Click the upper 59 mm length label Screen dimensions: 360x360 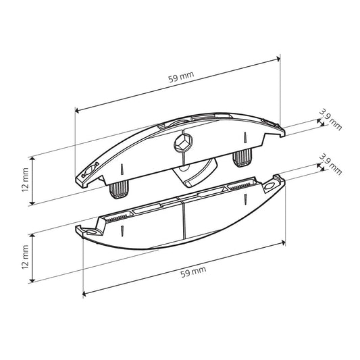181,77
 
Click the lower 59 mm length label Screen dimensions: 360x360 193,272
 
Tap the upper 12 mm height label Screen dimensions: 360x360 25,180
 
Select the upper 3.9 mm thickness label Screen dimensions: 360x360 330,120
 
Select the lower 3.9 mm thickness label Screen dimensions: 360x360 330,164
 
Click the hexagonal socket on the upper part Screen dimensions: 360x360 183,143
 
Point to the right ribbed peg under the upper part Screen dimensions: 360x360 242,157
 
